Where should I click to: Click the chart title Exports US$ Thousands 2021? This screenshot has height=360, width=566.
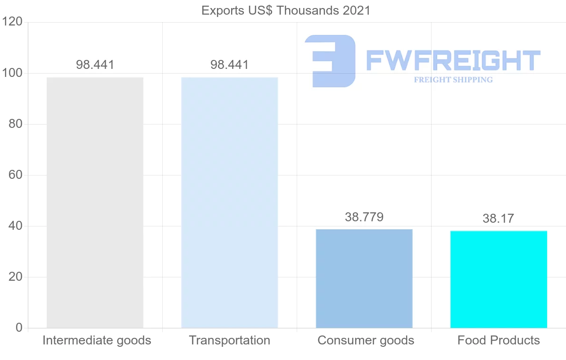[286, 10]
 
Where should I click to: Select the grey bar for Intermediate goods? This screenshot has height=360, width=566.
[95, 202]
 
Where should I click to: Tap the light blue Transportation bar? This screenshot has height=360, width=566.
[229, 202]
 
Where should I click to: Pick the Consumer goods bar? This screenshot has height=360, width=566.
[364, 278]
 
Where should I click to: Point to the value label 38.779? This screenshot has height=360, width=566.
[364, 217]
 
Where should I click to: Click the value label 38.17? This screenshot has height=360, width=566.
[498, 218]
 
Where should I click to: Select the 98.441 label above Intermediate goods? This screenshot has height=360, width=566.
[95, 65]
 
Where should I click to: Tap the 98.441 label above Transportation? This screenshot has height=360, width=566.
[229, 65]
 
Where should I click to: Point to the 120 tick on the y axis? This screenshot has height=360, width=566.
[12, 22]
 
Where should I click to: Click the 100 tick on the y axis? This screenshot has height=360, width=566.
[12, 73]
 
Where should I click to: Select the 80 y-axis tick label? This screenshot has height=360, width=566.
[16, 124]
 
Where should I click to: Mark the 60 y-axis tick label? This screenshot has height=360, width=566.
[16, 175]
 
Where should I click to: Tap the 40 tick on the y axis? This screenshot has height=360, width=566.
[16, 226]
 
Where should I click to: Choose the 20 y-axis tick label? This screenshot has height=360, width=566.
[16, 277]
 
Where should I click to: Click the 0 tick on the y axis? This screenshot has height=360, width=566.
[19, 327]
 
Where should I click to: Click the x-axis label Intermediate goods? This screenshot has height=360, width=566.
[97, 340]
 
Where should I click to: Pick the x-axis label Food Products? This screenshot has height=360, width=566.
[499, 340]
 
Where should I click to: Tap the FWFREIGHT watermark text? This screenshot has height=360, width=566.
[453, 60]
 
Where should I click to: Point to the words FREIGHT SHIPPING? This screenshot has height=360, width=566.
[453, 80]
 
